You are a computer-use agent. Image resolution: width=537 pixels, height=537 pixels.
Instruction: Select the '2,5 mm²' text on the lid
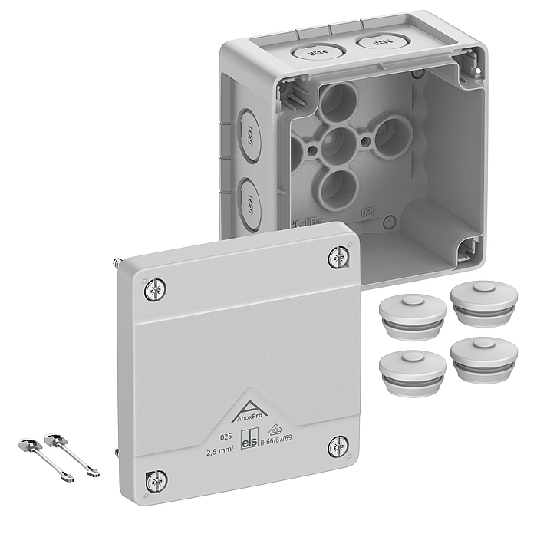click(222, 451)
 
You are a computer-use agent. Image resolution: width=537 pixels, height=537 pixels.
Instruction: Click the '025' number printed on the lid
click(226, 437)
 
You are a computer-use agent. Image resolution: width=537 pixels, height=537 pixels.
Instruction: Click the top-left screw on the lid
click(156, 288)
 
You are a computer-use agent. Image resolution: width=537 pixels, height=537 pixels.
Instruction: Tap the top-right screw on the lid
click(338, 257)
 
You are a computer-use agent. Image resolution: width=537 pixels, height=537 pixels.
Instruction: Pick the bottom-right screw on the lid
click(338, 447)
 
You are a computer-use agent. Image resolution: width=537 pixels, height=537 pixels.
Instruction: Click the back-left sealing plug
click(413, 316)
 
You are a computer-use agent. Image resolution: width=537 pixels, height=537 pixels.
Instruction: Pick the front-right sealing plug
click(484, 357)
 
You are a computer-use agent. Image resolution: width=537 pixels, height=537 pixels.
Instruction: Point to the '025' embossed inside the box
click(369, 209)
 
